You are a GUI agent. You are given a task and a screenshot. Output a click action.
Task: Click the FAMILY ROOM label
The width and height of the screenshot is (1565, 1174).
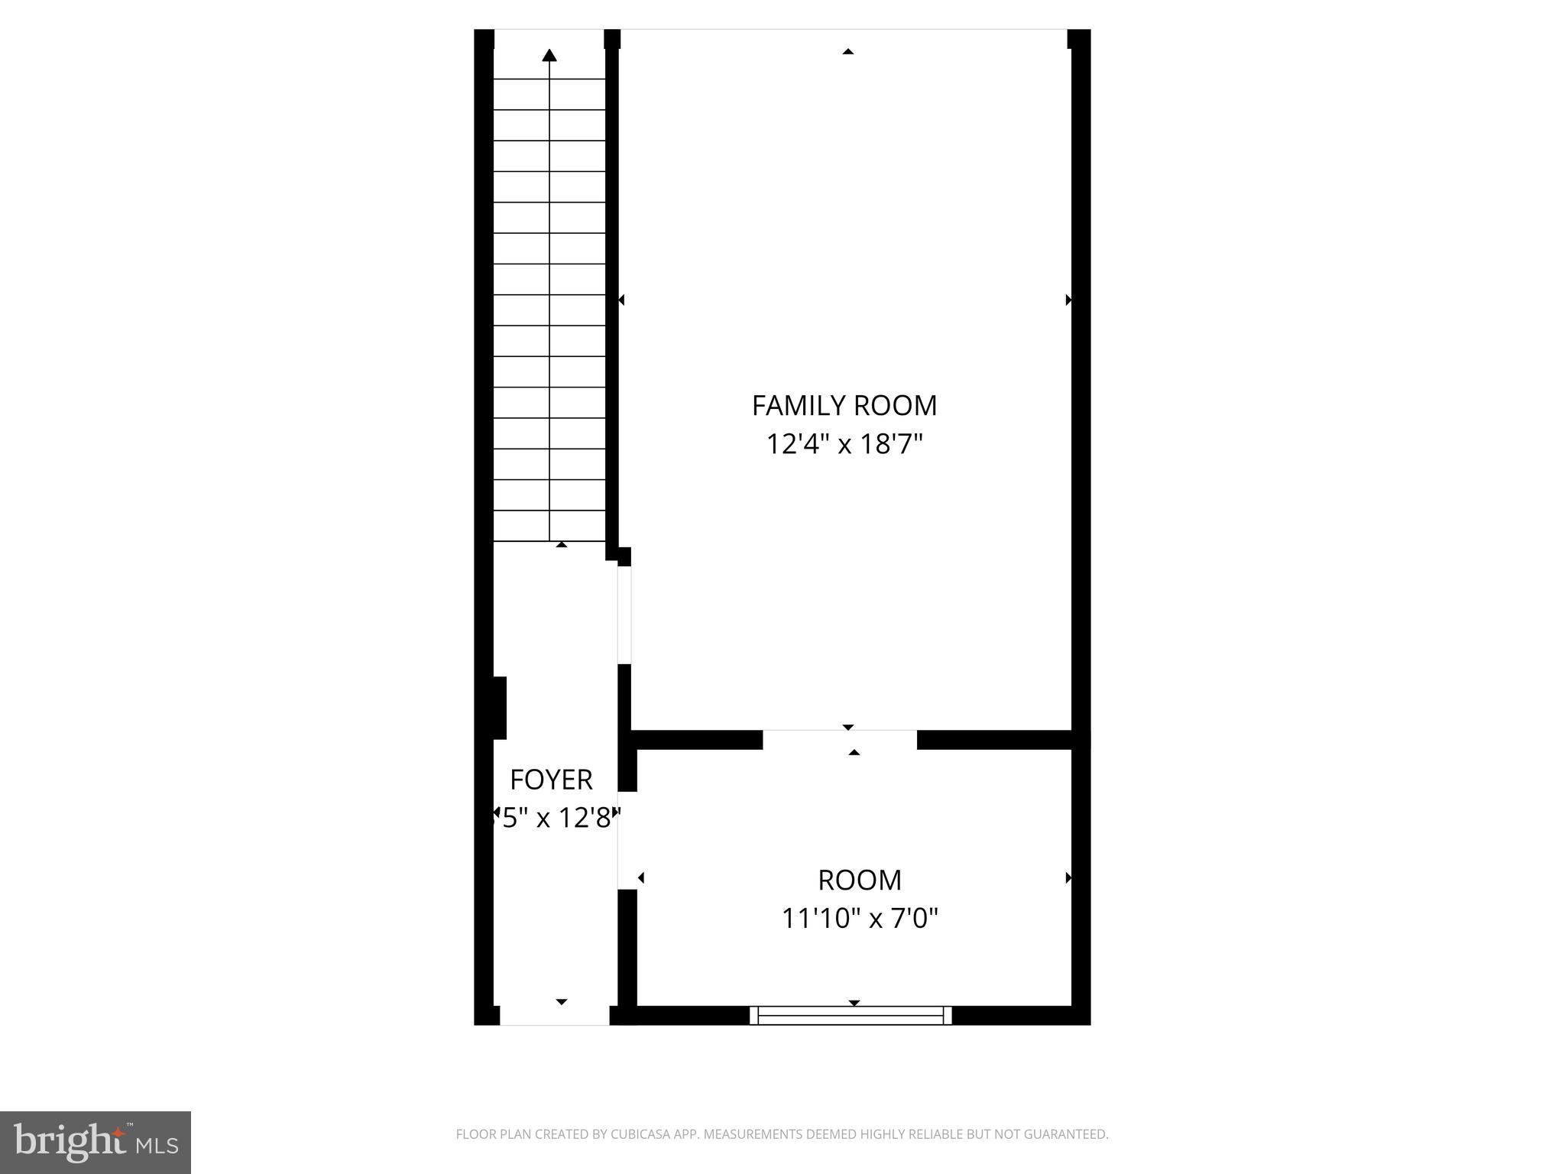point(844,406)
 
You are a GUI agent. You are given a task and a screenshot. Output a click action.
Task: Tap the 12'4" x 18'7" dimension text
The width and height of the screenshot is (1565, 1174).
point(844,444)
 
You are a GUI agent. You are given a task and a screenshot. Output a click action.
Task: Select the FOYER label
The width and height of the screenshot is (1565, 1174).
point(551,780)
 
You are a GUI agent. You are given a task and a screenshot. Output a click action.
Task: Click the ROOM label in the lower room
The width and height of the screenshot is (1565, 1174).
point(860,880)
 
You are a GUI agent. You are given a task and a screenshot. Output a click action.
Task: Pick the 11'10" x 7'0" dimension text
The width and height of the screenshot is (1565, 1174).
point(860,918)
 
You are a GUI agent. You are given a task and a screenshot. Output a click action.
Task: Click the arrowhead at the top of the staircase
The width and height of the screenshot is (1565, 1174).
point(549,55)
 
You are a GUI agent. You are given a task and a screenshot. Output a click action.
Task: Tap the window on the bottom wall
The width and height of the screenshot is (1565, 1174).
point(851,1015)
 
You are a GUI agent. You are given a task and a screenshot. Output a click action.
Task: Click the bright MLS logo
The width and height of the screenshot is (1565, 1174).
point(96,1142)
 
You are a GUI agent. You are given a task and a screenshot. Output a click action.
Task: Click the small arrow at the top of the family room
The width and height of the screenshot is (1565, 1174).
point(847,52)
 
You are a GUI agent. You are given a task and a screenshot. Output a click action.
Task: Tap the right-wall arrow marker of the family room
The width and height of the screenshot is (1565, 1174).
point(1068,300)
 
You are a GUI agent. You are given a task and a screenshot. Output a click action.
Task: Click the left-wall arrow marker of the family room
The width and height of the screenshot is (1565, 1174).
point(621,300)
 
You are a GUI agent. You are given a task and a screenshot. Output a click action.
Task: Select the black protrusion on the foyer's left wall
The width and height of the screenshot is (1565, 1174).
point(498,708)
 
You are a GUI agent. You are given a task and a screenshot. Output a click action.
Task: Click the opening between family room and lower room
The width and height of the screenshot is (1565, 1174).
point(839,739)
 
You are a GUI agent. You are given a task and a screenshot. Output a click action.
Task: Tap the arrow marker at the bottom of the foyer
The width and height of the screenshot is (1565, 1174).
point(562,1001)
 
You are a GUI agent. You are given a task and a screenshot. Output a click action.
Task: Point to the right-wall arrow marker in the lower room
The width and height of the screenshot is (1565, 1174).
point(1068,878)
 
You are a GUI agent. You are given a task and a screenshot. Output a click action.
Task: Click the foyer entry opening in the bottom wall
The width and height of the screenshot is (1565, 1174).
point(554,1016)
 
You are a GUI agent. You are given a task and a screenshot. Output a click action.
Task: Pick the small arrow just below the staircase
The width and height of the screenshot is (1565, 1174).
point(562,545)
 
